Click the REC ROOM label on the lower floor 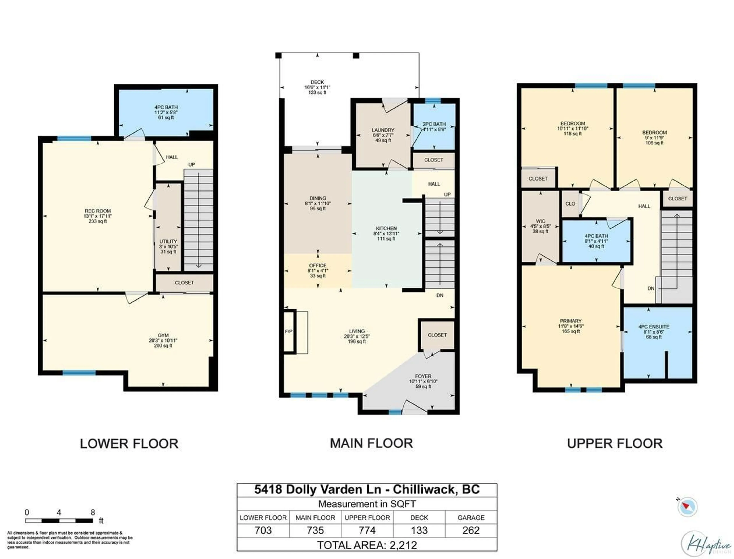tap(97, 216)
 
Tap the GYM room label tap(163, 340)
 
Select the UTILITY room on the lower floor tap(168, 246)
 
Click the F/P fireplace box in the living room tap(289, 331)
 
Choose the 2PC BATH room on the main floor tap(434, 126)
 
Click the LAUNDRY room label tap(383, 135)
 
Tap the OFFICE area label tap(317, 270)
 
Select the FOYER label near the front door tap(423, 381)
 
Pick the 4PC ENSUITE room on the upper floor tap(654, 331)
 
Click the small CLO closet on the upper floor tap(570, 204)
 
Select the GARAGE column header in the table tap(470, 517)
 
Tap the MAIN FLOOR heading tap(371, 443)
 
